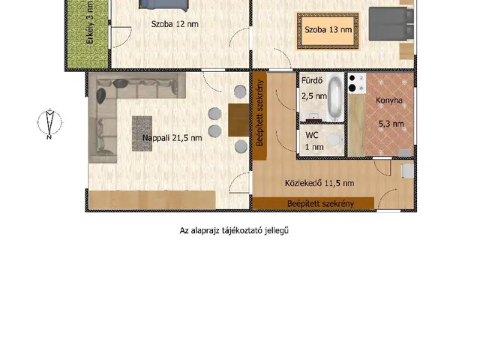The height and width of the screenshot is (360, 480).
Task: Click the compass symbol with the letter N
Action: [49, 123]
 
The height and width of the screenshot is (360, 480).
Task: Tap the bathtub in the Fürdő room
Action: [335, 98]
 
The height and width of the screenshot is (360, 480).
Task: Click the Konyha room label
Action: [388, 100]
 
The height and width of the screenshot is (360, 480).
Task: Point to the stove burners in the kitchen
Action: [357, 83]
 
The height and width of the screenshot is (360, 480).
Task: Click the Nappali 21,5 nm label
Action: [172, 138]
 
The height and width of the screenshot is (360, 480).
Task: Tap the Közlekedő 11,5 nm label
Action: [319, 183]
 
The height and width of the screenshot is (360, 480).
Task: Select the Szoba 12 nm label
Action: [175, 24]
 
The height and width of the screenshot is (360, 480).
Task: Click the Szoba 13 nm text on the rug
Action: [328, 30]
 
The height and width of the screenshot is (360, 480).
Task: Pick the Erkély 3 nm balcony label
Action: [90, 22]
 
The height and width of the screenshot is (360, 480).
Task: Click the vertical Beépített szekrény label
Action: [260, 113]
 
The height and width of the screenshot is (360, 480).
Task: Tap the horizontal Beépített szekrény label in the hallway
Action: [320, 204]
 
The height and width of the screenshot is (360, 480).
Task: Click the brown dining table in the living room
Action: [238, 120]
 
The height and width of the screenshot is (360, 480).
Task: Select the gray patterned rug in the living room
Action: [142, 133]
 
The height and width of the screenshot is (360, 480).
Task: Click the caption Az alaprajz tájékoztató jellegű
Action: [234, 230]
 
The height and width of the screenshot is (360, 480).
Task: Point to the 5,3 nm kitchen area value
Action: [391, 124]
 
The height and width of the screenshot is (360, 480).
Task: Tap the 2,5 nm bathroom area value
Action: [314, 96]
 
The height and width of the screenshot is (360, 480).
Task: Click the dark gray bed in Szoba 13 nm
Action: [391, 24]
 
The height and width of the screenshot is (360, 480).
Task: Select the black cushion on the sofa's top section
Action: [120, 83]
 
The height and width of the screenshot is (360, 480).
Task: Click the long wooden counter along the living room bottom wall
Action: [152, 200]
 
